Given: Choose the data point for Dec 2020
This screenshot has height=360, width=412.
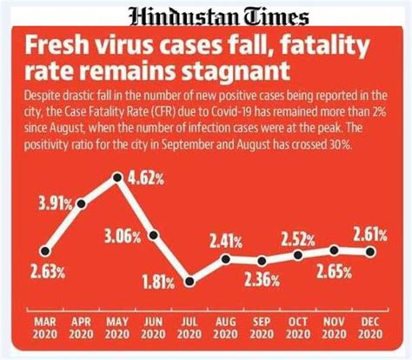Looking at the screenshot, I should [370, 252].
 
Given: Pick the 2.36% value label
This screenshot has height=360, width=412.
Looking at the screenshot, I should [261, 280].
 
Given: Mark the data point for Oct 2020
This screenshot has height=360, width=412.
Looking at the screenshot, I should [298, 256].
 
